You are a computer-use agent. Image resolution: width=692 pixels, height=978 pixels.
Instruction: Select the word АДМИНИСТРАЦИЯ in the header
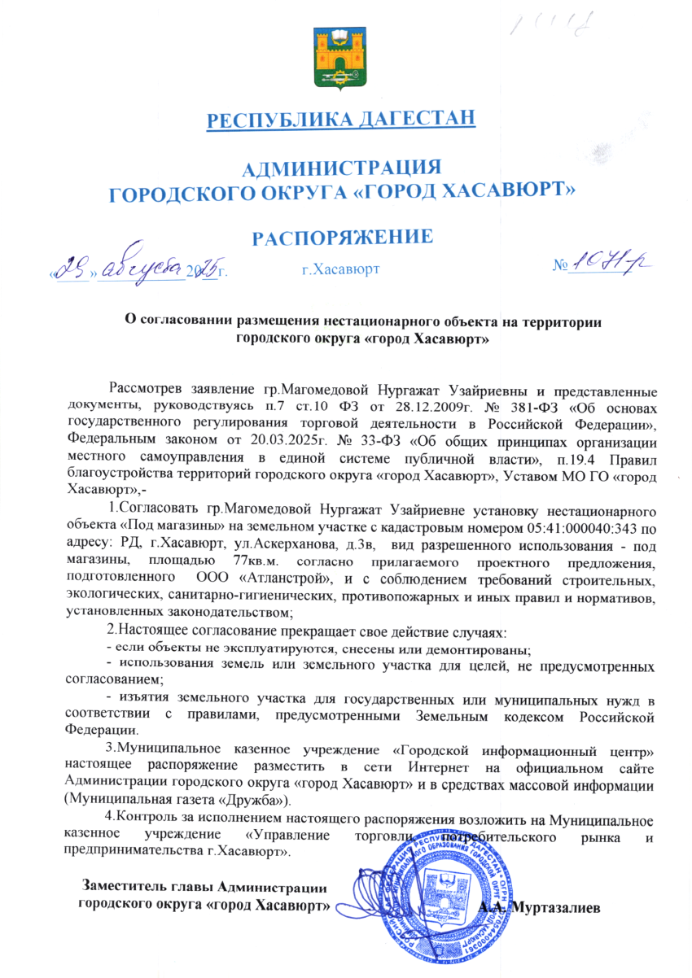pos(342,169)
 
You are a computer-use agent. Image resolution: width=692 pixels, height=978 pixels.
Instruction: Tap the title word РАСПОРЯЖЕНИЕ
pos(341,237)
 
